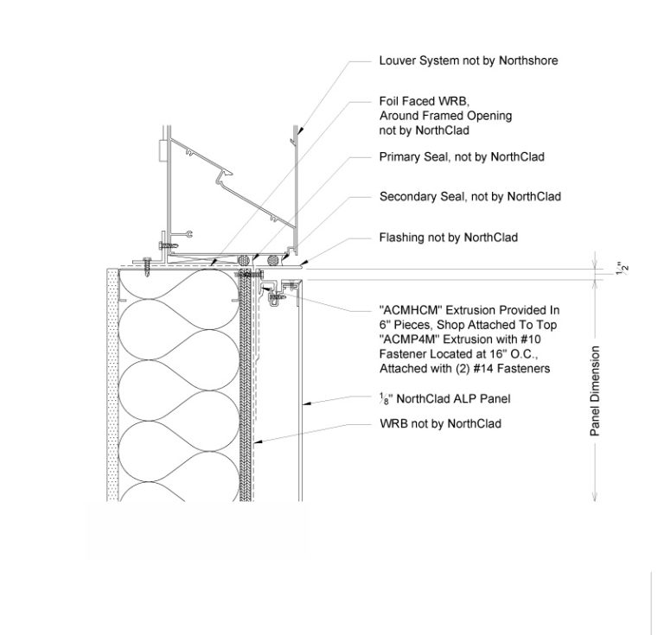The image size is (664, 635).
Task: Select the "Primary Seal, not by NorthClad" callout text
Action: [462, 157]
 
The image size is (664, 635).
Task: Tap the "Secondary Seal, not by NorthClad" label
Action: [469, 197]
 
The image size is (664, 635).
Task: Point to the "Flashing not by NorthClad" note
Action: [448, 237]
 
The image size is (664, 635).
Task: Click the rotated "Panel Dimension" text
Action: [595, 391]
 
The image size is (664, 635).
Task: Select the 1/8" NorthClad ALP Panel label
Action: [445, 398]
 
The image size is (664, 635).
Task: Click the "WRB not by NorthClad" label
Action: [440, 423]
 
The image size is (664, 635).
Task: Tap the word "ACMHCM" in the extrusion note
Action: [405, 309]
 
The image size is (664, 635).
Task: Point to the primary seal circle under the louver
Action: [245, 258]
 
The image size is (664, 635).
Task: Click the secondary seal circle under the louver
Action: [274, 258]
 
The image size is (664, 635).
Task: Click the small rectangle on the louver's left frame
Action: [162, 152]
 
